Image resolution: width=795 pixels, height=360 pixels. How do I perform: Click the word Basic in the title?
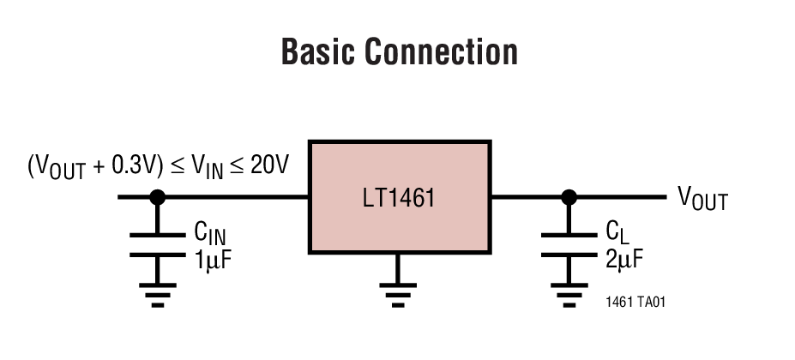(x=317, y=51)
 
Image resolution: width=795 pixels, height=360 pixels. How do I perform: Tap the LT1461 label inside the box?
(x=399, y=199)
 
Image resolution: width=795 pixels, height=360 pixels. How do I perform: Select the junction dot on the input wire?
(x=157, y=197)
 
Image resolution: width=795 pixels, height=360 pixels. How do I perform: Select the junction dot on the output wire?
(x=568, y=197)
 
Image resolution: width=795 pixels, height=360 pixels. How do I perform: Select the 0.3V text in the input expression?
(x=135, y=165)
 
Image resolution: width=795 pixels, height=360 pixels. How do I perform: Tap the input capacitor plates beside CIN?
(x=157, y=243)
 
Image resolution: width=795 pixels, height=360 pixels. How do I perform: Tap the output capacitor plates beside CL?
(x=568, y=243)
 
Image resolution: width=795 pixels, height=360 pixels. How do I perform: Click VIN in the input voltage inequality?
(x=206, y=166)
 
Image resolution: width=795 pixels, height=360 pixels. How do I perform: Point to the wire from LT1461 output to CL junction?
(x=527, y=197)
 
